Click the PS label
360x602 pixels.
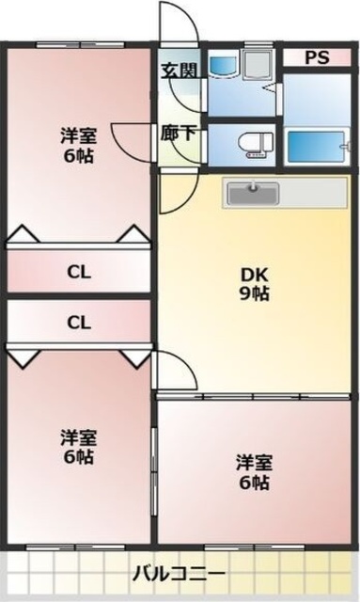[317, 58]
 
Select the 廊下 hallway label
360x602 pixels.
[178, 134]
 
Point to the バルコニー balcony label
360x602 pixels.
[178, 574]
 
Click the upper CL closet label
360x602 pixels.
[79, 274]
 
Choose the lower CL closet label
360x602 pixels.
[79, 323]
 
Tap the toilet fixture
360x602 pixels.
[254, 144]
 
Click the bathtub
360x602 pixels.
[318, 147]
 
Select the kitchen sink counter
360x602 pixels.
[252, 193]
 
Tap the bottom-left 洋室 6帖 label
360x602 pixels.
[79, 447]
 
